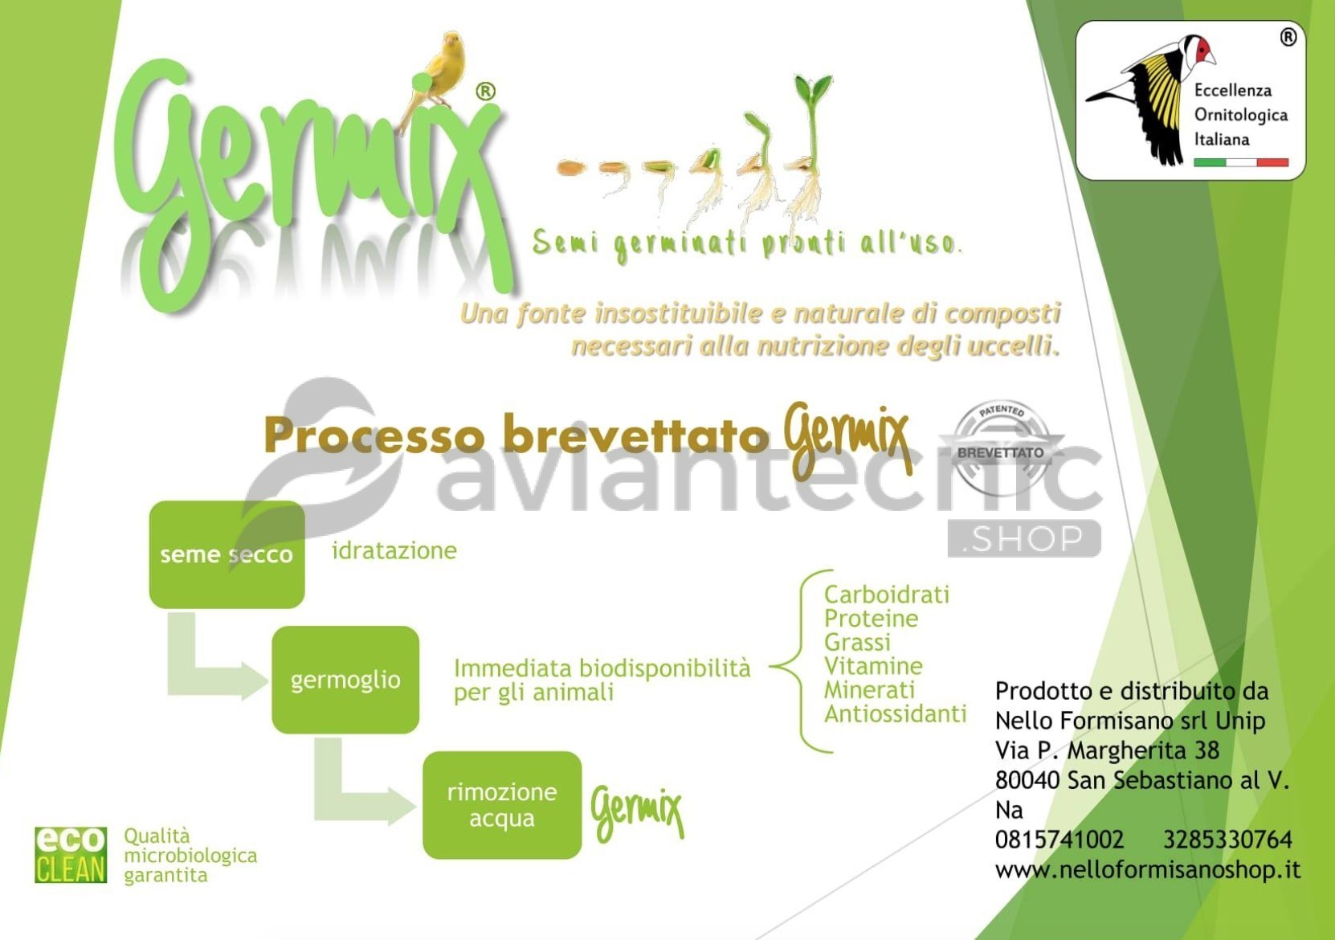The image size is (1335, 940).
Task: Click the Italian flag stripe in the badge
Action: (x=1241, y=162)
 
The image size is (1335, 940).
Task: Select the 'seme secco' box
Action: (x=227, y=554)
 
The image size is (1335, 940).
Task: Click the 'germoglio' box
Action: (x=345, y=680)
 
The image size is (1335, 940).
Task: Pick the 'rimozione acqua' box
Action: (x=502, y=805)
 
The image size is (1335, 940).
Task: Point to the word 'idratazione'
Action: (x=394, y=550)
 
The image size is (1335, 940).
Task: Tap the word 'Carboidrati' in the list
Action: (x=886, y=595)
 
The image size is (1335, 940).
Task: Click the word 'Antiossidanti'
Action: (x=895, y=713)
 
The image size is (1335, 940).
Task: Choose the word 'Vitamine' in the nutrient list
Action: (x=873, y=666)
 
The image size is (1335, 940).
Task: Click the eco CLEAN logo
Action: (x=71, y=855)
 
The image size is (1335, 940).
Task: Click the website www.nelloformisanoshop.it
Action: (x=1148, y=869)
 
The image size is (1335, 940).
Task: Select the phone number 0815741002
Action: (x=1059, y=840)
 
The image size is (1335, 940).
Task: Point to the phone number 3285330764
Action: (x=1227, y=840)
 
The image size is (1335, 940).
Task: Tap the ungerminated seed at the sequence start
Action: (x=571, y=167)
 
